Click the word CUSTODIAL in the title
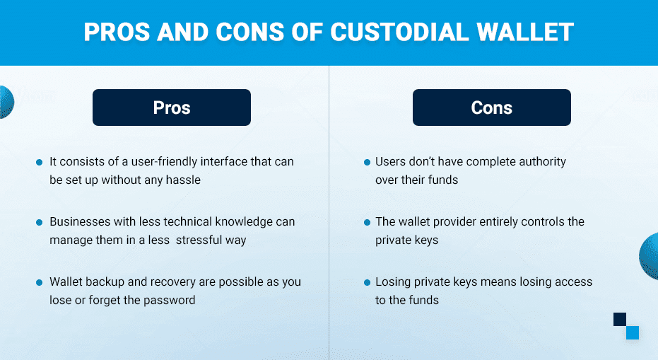(399, 32)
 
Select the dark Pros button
(172, 108)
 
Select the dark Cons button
(491, 108)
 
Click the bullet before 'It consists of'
(40, 162)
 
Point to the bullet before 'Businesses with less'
(40, 222)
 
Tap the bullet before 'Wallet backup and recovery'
(40, 282)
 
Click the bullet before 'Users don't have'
(367, 162)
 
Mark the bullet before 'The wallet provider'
(367, 222)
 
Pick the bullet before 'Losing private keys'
(367, 282)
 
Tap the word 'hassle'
(183, 180)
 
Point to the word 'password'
(169, 301)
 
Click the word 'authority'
(542, 162)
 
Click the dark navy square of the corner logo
(620, 319)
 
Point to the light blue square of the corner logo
(633, 332)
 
